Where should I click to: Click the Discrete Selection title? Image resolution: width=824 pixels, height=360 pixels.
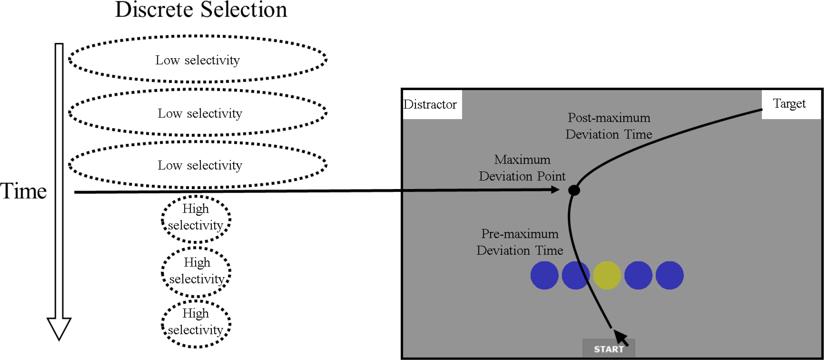point(201,10)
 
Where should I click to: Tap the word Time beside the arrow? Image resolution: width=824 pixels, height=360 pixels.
point(24,191)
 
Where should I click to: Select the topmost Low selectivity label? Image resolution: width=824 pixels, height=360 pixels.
point(197,60)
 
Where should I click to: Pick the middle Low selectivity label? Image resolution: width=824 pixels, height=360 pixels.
point(200,114)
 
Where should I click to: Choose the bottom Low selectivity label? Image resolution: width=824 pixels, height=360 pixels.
point(200,165)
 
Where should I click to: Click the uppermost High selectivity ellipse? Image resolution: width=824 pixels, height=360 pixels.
point(196,218)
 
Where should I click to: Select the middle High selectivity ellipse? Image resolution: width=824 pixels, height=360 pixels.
point(196,271)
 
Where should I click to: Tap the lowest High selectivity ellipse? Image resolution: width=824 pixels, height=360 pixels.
point(196,323)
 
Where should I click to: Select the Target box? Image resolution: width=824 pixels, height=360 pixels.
point(790,104)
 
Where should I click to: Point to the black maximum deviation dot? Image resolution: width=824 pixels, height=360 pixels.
point(574,191)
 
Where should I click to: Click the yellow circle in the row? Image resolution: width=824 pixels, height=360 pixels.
point(607,276)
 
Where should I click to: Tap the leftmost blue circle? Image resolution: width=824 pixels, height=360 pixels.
point(544,276)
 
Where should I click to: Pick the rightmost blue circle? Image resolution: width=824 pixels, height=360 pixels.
point(670,276)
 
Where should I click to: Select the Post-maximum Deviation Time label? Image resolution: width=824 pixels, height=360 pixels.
point(609,126)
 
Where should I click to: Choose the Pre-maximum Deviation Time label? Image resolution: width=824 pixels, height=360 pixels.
point(520,242)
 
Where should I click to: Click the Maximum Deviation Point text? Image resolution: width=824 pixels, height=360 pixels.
point(522,168)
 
